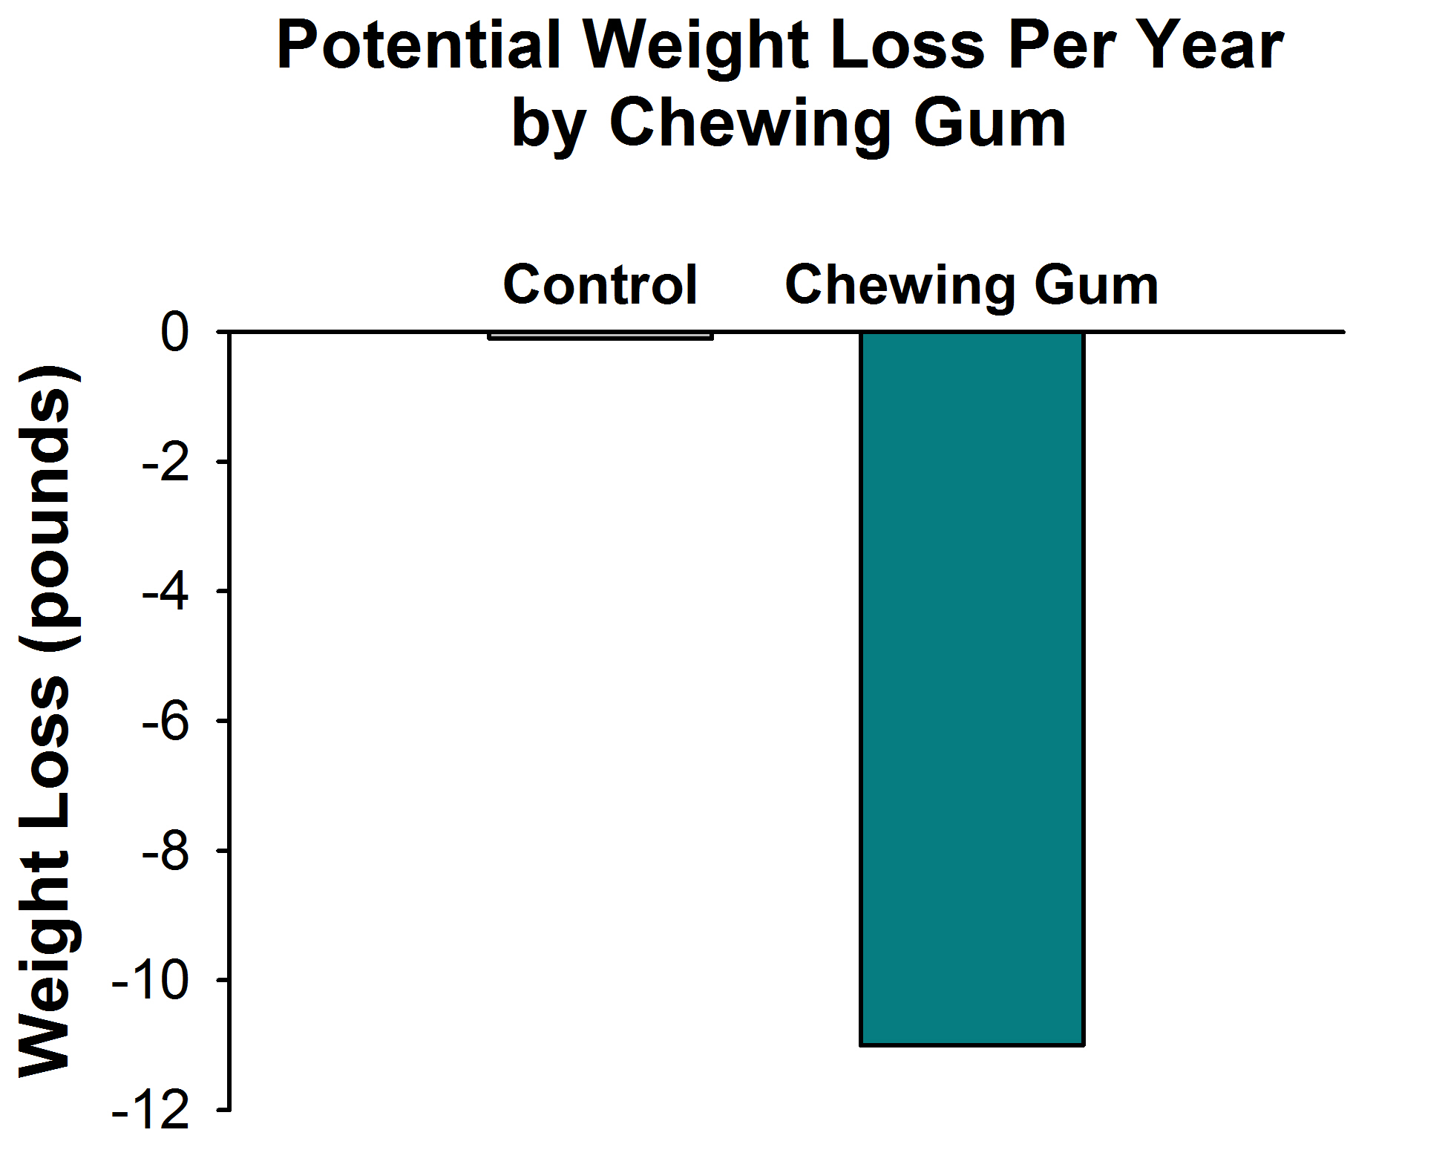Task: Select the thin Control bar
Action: point(600,336)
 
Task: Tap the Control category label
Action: point(600,285)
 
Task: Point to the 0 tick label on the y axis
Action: point(175,334)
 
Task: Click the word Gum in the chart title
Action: point(990,122)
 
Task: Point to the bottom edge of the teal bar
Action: point(971,1045)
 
